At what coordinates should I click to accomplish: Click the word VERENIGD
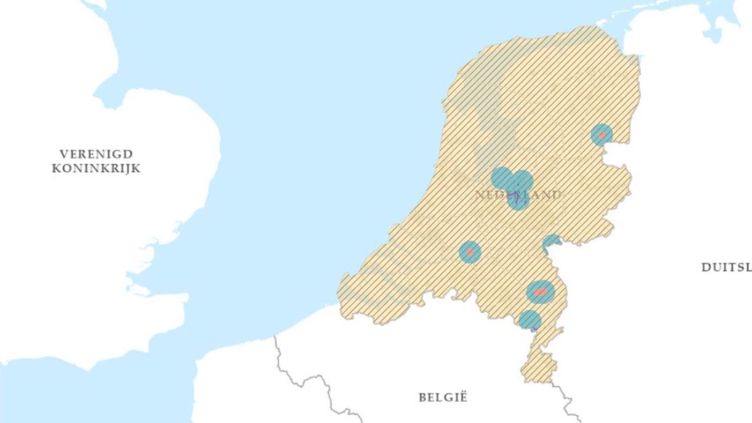coord(97,154)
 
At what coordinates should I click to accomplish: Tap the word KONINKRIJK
coord(97,169)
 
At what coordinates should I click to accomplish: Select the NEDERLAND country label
coord(518,195)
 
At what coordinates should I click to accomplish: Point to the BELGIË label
coord(443,397)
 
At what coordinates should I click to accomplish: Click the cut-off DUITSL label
coord(726,267)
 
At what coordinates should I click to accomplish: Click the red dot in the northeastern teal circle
coord(602,135)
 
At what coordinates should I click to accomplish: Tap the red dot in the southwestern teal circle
coord(469,252)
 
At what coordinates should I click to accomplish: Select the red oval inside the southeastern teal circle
coord(540,292)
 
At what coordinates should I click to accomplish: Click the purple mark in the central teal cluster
coord(515,197)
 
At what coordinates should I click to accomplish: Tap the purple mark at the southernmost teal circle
coord(534,327)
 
